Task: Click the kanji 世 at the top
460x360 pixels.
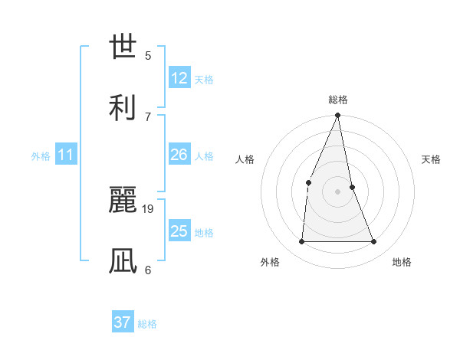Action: click(x=123, y=46)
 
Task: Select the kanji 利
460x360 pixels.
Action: click(x=123, y=106)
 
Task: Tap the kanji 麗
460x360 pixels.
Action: click(x=123, y=200)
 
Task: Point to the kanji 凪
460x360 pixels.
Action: click(x=123, y=260)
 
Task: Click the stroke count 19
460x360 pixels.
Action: click(x=149, y=208)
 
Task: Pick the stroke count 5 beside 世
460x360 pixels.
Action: click(x=148, y=55)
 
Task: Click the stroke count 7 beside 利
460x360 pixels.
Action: click(x=148, y=116)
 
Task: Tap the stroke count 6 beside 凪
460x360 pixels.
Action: click(x=148, y=270)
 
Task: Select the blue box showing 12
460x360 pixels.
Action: click(x=179, y=78)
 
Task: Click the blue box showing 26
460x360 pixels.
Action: click(x=179, y=155)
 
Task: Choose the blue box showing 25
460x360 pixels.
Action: click(x=179, y=231)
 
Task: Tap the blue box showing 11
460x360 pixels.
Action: click(x=66, y=155)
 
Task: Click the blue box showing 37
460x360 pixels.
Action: click(x=123, y=322)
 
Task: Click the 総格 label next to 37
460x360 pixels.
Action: click(x=147, y=324)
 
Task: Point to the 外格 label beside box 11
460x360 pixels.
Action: click(x=41, y=156)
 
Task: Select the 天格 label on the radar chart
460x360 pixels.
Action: click(x=431, y=159)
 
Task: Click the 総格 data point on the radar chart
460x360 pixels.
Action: click(x=337, y=116)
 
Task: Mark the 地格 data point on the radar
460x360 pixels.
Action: click(x=374, y=242)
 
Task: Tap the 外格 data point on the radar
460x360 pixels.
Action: click(x=301, y=242)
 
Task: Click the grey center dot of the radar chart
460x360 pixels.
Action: click(x=337, y=191)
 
